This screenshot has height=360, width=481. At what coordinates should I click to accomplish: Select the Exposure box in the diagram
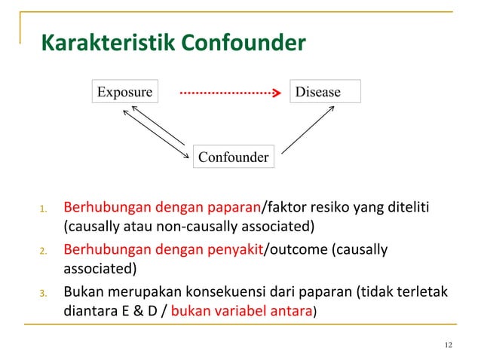coord(124,92)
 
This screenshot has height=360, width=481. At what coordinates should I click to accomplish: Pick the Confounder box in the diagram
coord(233,157)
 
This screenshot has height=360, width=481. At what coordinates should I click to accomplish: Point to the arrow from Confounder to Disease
coord(308,129)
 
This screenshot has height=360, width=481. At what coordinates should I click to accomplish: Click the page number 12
coord(449,345)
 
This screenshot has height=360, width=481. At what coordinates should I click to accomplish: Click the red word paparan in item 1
coord(234,206)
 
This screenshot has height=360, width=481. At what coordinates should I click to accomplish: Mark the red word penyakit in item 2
coord(234,249)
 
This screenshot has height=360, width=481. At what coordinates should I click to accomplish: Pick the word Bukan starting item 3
coord(81,291)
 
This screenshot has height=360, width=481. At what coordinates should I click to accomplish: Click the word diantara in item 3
coord(89,310)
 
